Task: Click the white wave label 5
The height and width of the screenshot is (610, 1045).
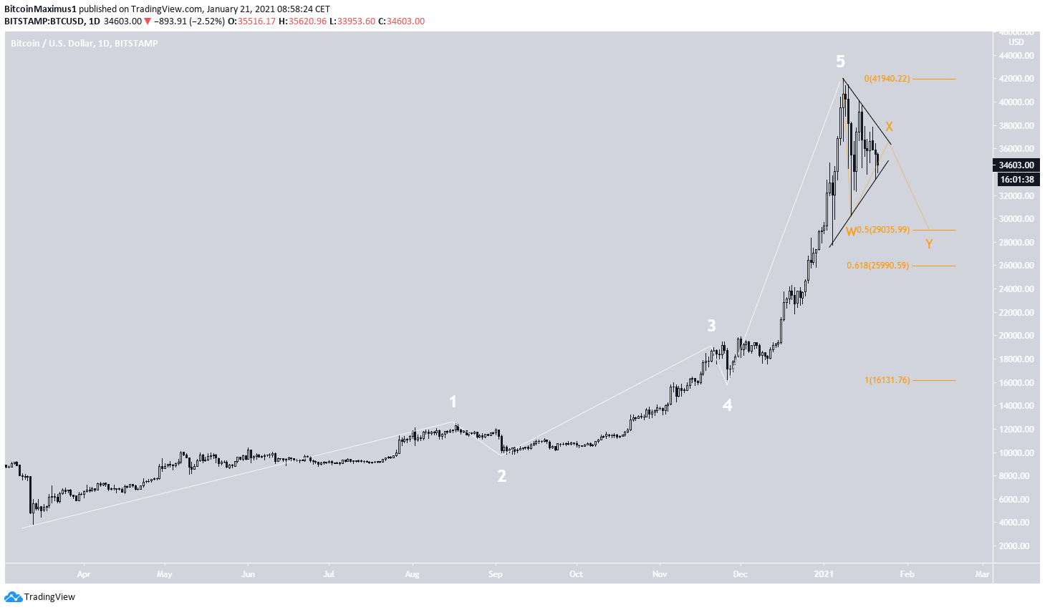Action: click(840, 62)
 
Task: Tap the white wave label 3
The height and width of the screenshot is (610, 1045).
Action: click(711, 326)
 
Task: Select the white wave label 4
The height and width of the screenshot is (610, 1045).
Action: click(727, 406)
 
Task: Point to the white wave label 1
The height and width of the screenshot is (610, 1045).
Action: click(453, 402)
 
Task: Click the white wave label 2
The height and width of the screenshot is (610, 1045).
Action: click(502, 476)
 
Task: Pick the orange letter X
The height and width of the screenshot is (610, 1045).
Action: click(889, 127)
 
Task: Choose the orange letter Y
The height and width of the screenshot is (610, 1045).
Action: click(929, 245)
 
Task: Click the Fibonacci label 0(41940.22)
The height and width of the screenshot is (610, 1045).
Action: click(887, 79)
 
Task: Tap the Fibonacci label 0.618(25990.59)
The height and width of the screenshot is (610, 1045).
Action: click(877, 266)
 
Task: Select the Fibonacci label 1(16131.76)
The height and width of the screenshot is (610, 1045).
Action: click(887, 380)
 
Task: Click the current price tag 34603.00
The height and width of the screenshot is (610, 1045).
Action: click(1017, 165)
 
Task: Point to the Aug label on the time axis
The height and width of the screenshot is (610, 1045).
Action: click(412, 573)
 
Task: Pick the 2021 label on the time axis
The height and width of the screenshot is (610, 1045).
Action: click(824, 573)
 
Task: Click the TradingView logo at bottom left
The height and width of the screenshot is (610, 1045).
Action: click(40, 596)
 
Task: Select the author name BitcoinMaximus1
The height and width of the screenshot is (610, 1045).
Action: click(40, 9)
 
